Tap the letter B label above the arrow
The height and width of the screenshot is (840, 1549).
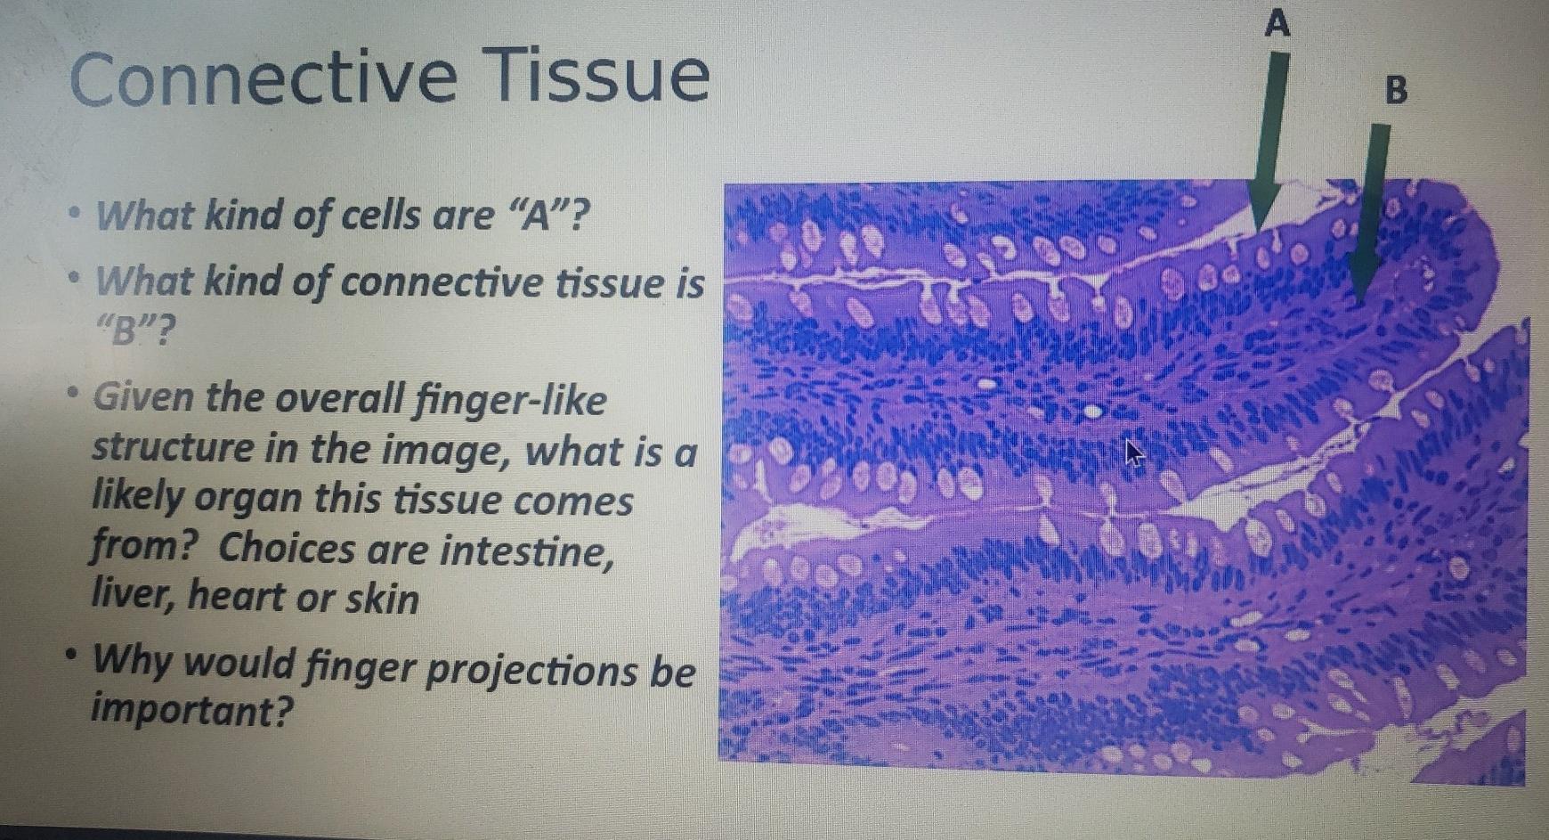pyautogui.click(x=1397, y=90)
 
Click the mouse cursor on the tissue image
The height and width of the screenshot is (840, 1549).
pyautogui.click(x=1134, y=453)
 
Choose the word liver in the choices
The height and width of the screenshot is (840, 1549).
pyautogui.click(x=134, y=596)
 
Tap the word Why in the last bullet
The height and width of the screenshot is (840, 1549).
pyautogui.click(x=133, y=663)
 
